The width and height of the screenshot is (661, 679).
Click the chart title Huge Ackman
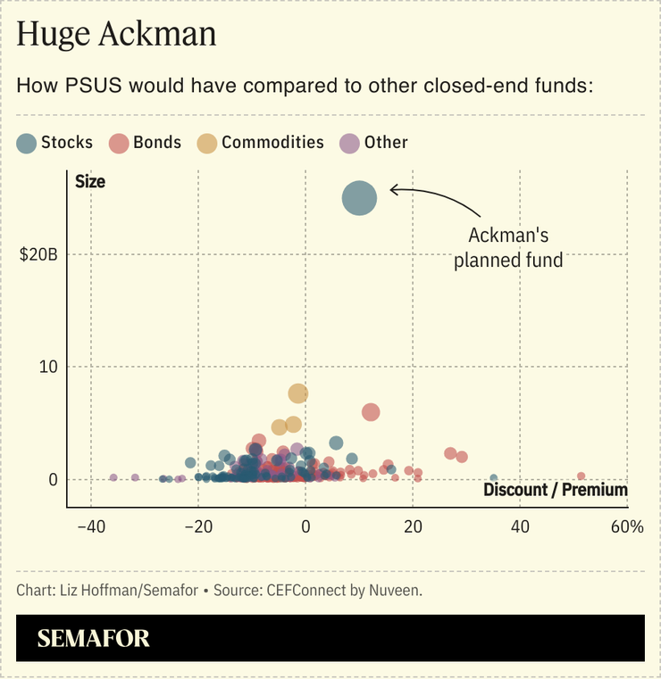coord(116,36)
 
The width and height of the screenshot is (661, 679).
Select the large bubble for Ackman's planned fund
coord(359,198)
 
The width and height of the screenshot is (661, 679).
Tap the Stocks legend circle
coord(28,143)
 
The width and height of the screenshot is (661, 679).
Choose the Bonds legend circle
coord(120,143)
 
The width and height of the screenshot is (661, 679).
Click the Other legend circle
coord(350,143)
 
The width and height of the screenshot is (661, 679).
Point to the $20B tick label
coord(39,255)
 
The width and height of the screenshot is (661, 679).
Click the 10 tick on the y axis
coord(50,367)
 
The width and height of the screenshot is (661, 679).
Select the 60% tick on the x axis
coord(627,526)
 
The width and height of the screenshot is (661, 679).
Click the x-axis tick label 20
coord(413,526)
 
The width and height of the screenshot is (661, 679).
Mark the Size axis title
coord(90,182)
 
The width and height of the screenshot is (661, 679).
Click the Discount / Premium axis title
coord(556,490)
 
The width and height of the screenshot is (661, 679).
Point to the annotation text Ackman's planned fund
coord(508,248)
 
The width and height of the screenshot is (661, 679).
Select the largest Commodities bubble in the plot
coord(298,393)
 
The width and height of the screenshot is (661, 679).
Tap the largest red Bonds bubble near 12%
coord(371,412)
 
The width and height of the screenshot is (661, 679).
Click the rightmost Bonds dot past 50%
coord(581,476)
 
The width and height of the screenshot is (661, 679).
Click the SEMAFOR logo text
coord(94,639)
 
